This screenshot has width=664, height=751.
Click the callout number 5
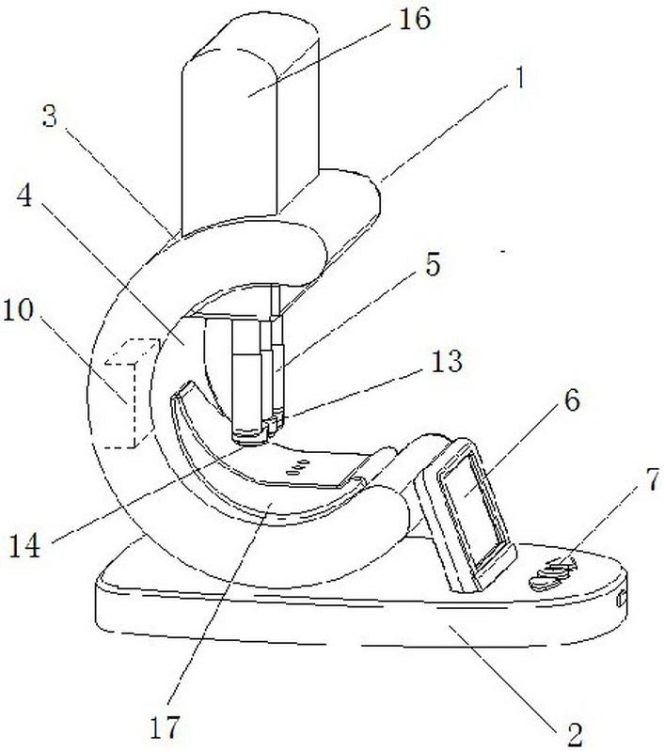pyautogui.click(x=431, y=266)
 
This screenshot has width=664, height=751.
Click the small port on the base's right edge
pyautogui.click(x=622, y=599)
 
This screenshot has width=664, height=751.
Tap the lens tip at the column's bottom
pyautogui.click(x=248, y=436)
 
